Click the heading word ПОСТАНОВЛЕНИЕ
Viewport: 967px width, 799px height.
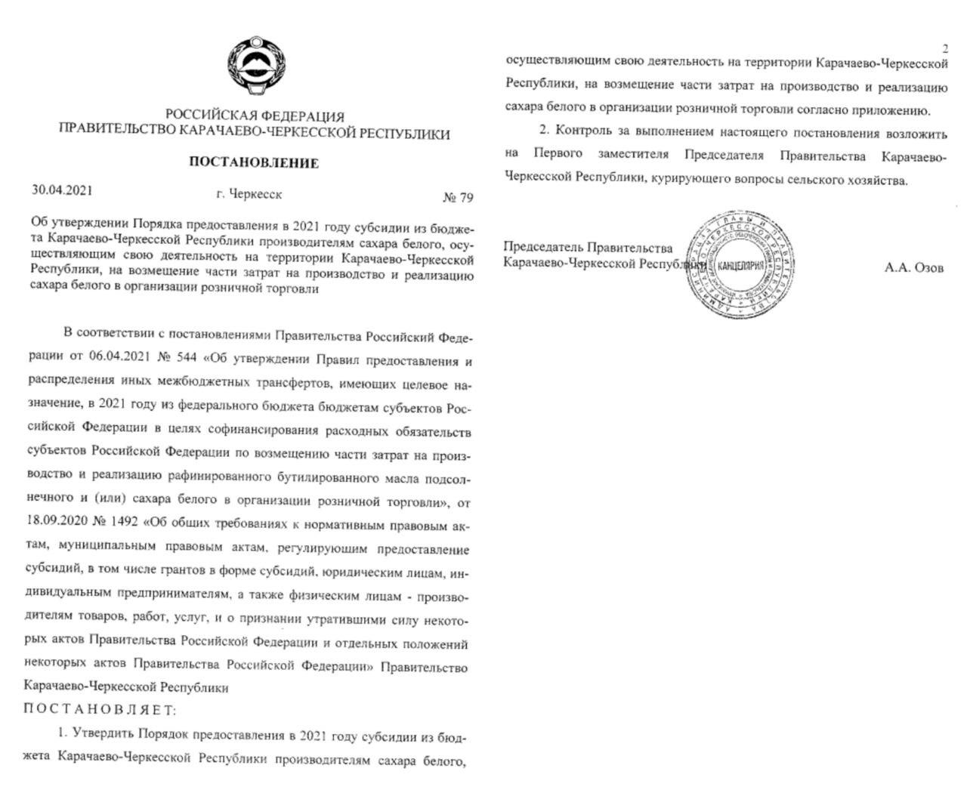tap(253, 163)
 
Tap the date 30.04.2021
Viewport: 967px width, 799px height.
tap(62, 190)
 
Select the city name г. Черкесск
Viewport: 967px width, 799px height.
tap(249, 194)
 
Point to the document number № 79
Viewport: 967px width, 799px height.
tap(457, 198)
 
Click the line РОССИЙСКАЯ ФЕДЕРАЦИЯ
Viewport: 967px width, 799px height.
tap(255, 116)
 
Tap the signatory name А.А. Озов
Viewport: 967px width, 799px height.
tap(914, 267)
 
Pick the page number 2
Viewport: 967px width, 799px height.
tap(944, 48)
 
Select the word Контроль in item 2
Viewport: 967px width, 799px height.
tap(585, 133)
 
